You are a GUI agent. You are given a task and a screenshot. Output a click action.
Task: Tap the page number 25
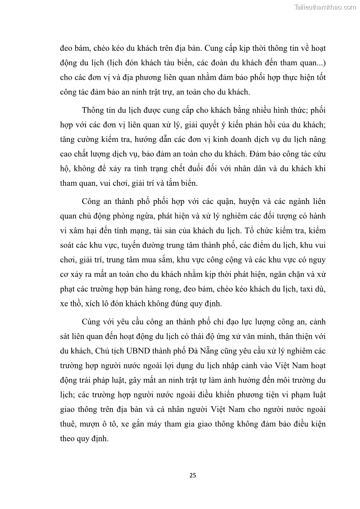(x=193, y=475)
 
